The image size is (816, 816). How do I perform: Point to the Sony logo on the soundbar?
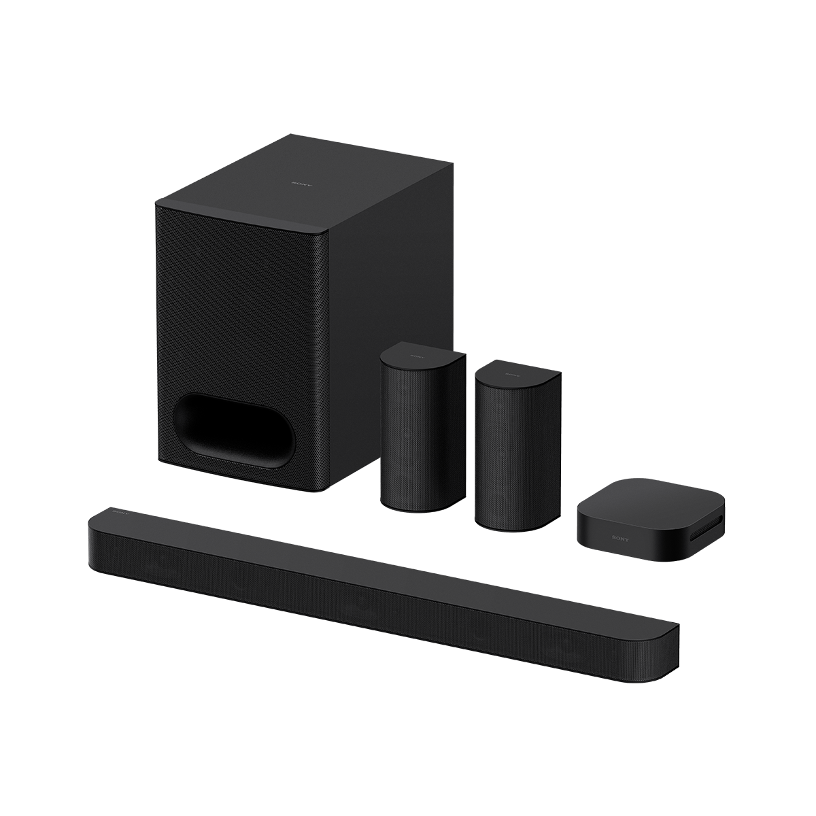coord(120,507)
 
